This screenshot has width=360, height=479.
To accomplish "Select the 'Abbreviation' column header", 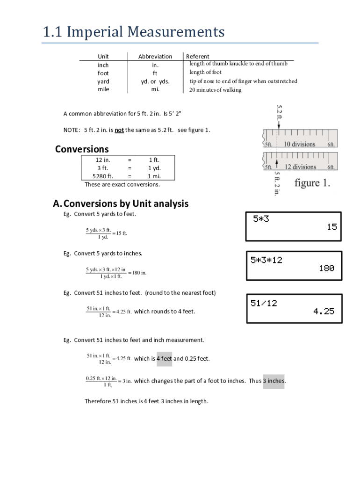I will coord(155,56).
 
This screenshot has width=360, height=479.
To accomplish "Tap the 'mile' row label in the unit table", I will coord(103,89).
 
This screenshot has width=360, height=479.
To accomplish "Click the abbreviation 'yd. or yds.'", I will coord(155,81).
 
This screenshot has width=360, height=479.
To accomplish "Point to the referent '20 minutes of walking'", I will coord(215,90).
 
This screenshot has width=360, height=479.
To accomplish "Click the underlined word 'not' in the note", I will coord(119,130).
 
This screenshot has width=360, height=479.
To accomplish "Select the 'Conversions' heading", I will coord(82,149).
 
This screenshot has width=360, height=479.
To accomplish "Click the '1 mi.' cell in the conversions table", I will coord(154,176).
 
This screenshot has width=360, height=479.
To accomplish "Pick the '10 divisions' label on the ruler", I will coord(300,144).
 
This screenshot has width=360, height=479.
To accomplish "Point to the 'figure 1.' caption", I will coord(312,183).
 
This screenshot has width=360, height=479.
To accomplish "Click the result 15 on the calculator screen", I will coord(331,227).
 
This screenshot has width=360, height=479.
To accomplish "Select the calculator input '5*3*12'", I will coord(266,260).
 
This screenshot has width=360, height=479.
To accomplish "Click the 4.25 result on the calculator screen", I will coord(324,311).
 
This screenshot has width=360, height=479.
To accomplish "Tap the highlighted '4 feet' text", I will coord(164,359).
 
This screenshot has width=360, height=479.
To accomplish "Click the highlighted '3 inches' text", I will coord(274,381).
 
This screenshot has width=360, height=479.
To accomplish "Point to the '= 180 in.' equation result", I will coord(137,273).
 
